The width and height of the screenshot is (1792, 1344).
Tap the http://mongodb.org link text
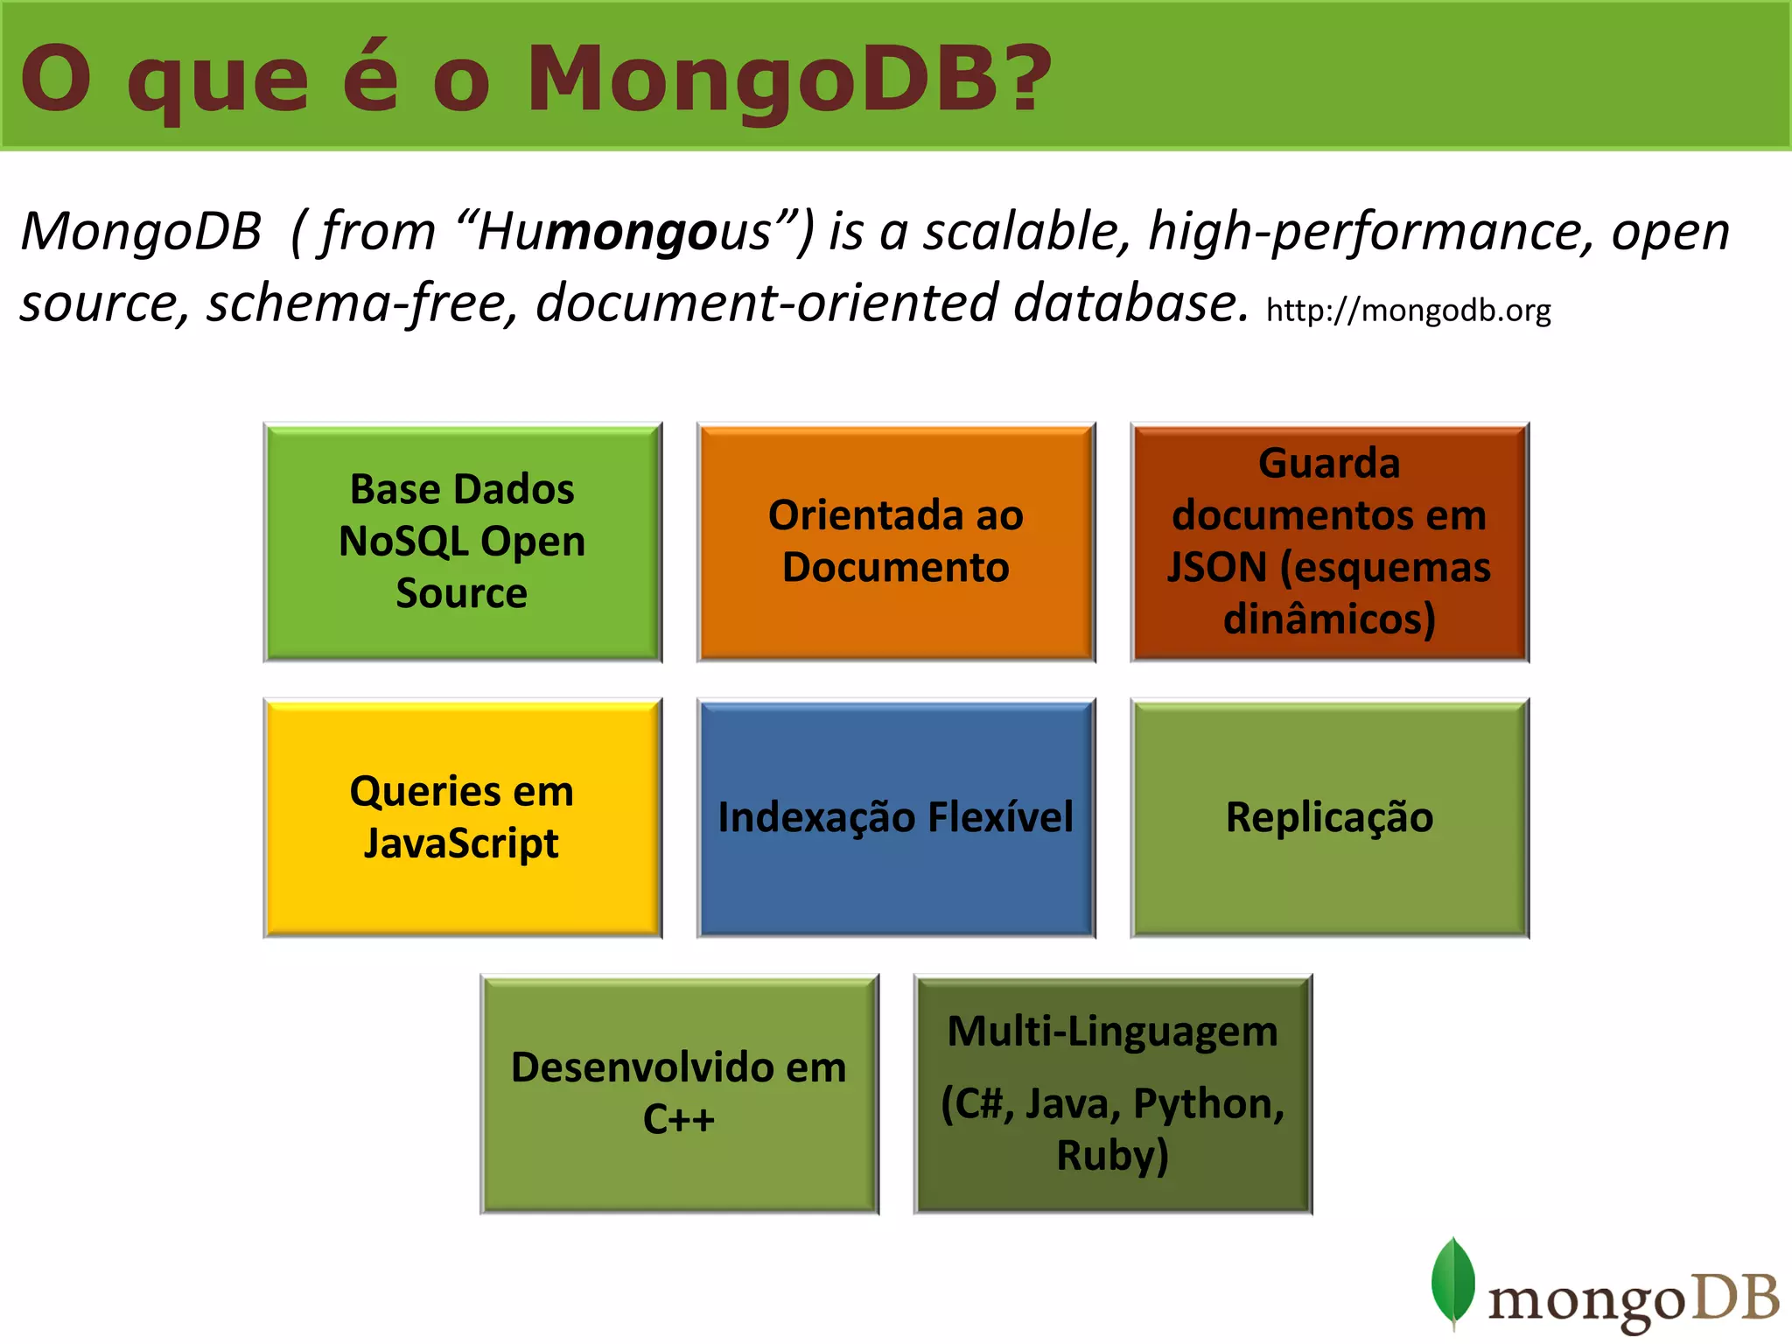pyautogui.click(x=1408, y=310)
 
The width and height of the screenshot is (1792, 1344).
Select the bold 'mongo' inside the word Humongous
pyautogui.click(x=629, y=233)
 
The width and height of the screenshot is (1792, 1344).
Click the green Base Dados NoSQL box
pyautogui.click(x=462, y=542)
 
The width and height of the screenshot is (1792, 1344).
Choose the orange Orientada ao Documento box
pyautogui.click(x=895, y=542)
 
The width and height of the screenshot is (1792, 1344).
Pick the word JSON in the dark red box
pyautogui.click(x=1216, y=567)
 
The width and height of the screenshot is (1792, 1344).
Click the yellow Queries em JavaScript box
pyautogui.click(x=462, y=817)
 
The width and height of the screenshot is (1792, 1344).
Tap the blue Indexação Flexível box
pyautogui.click(x=895, y=817)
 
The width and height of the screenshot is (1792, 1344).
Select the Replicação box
pyautogui.click(x=1329, y=817)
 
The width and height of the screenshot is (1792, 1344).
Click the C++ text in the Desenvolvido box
pyautogui.click(x=678, y=1119)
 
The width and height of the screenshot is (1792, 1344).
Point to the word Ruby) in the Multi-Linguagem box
pyautogui.click(x=1112, y=1155)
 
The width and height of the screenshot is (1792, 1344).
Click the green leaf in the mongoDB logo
pyautogui.click(x=1452, y=1280)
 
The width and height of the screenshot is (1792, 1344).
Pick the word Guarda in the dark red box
pyautogui.click(x=1328, y=463)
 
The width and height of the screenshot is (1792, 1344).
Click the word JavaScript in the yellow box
pyautogui.click(x=461, y=843)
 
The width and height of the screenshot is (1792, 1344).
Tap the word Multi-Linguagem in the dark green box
pyautogui.click(x=1112, y=1032)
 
